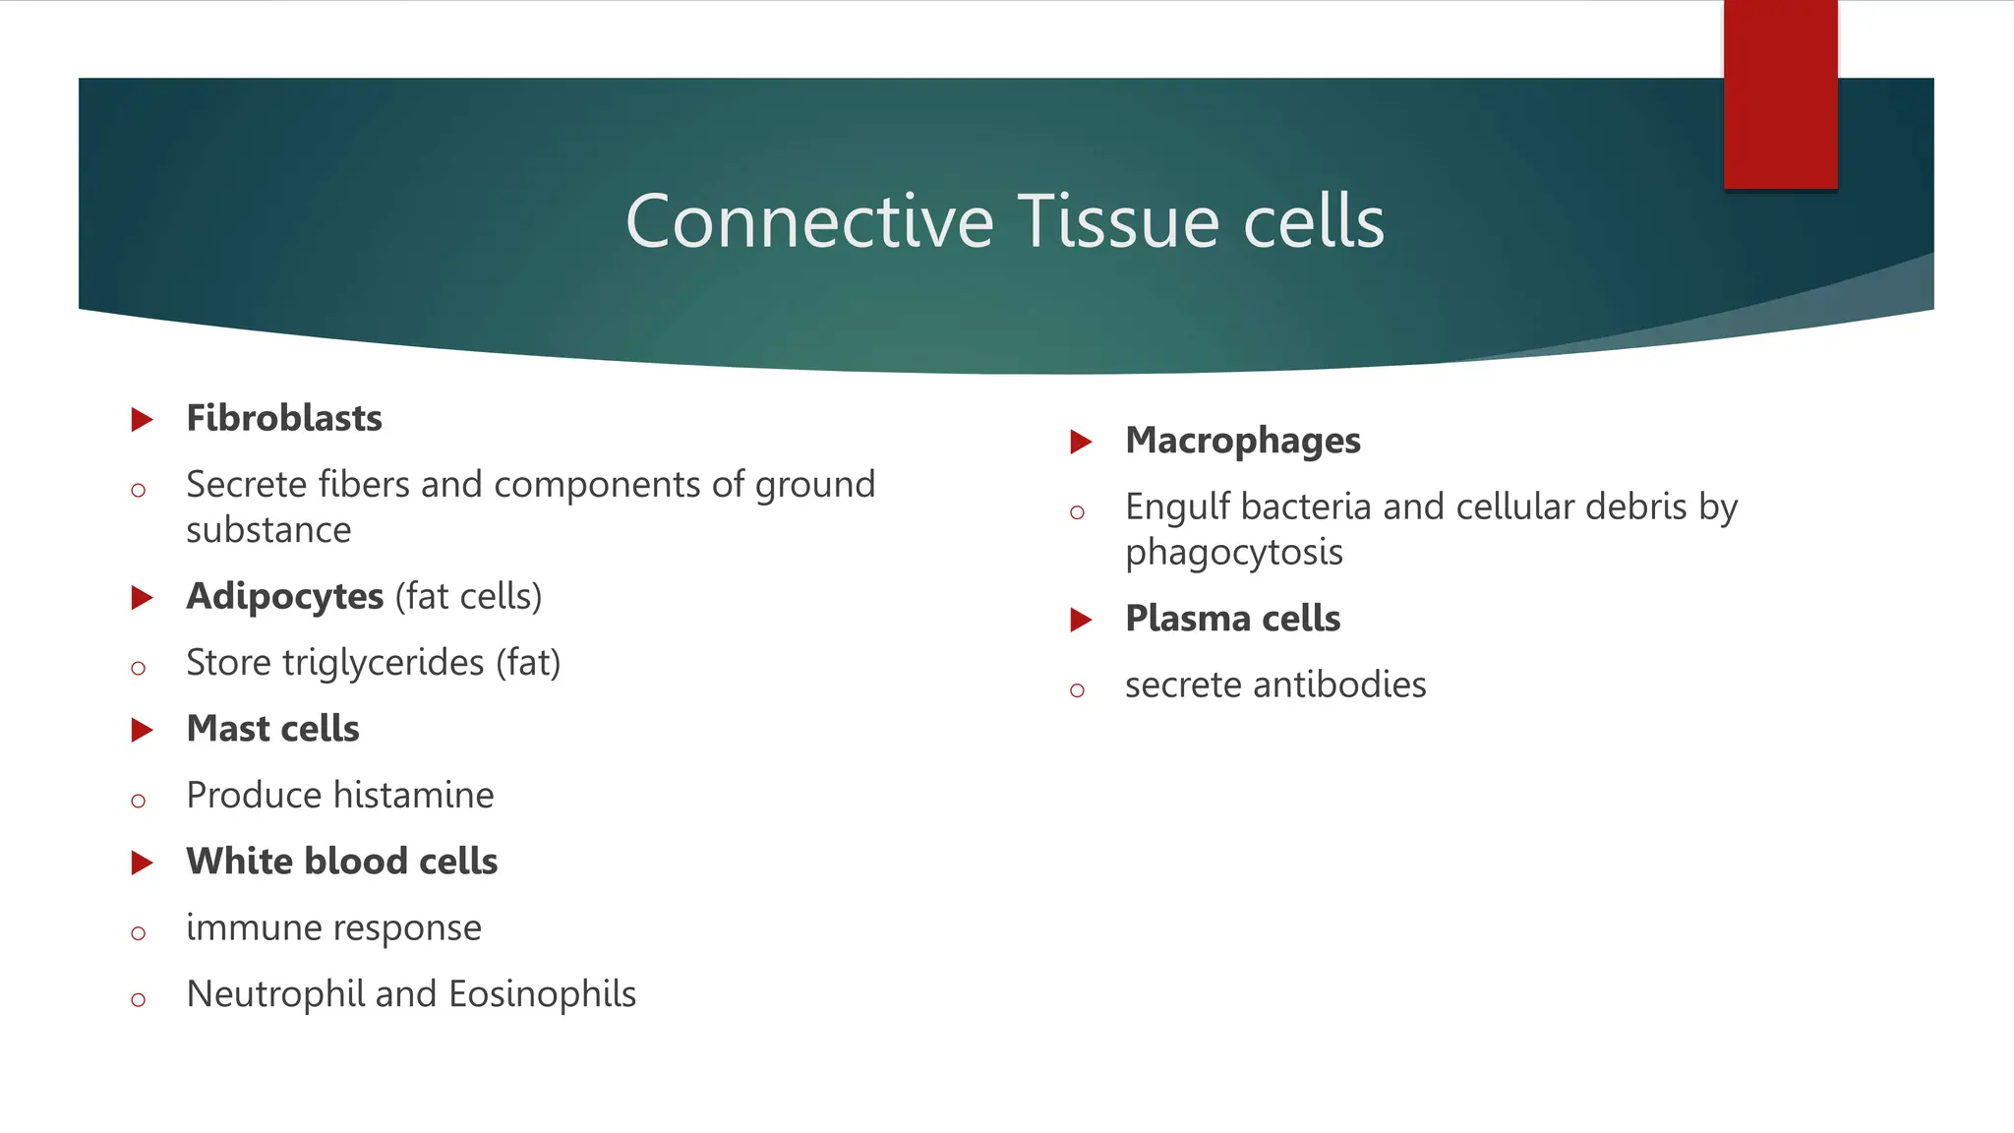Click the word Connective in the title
tap(809, 221)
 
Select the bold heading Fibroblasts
tap(284, 419)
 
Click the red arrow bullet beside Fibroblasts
tap(143, 420)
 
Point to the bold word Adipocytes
tap(285, 597)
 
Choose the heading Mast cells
tap(273, 729)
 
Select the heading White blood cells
tap(342, 862)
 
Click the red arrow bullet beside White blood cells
tap(143, 863)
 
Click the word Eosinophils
tap(542, 994)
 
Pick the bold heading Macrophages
tap(1243, 442)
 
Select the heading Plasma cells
tap(1233, 619)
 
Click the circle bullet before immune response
tap(138, 932)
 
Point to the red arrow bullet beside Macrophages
tap(1082, 442)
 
